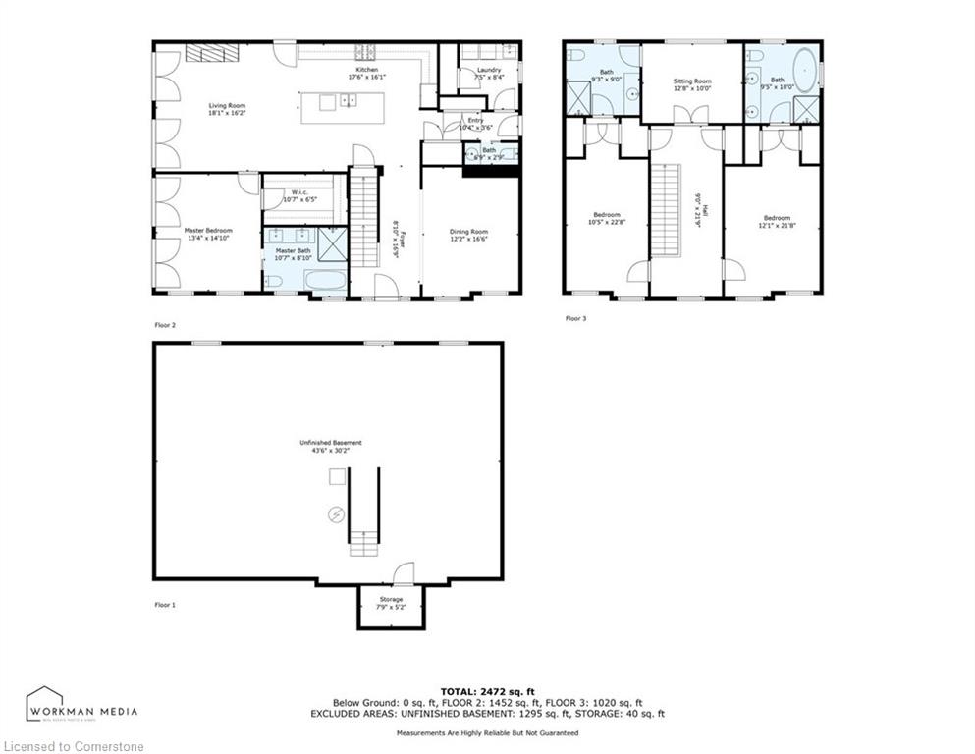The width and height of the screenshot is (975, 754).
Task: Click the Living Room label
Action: tap(226, 106)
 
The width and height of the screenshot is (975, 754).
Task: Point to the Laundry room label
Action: tap(489, 70)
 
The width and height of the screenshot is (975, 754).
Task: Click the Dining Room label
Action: tap(468, 231)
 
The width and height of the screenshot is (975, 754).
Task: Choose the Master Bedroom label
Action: tap(207, 231)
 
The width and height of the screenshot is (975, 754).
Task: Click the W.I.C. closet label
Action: tap(299, 192)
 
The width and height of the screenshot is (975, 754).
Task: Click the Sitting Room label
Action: tap(691, 81)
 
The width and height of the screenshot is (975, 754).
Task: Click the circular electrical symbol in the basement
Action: tap(336, 513)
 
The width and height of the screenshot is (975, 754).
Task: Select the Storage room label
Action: tap(391, 599)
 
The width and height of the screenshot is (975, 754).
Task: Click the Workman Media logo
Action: tap(81, 706)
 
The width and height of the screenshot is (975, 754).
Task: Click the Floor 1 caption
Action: tap(165, 605)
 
